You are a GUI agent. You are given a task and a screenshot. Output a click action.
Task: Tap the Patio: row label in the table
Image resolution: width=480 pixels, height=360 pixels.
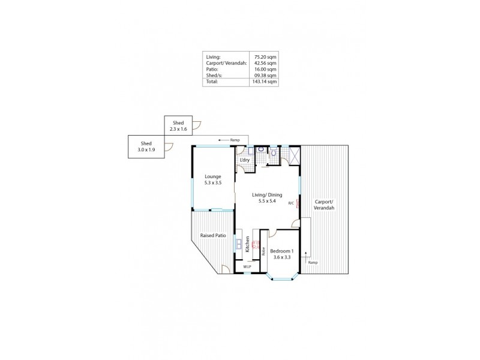(211, 70)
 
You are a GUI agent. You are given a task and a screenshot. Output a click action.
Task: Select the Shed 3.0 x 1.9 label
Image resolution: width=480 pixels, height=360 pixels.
(146, 146)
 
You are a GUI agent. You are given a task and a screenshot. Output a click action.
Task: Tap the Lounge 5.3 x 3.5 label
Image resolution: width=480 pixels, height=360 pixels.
(213, 179)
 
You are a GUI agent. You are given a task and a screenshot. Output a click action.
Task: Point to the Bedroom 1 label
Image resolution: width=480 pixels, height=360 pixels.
(281, 253)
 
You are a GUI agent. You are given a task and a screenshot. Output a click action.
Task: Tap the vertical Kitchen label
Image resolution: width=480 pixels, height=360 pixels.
(247, 244)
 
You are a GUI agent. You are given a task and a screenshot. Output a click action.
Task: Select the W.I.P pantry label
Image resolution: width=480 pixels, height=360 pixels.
(247, 266)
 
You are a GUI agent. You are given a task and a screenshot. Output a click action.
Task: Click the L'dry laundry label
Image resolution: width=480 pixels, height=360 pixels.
(245, 160)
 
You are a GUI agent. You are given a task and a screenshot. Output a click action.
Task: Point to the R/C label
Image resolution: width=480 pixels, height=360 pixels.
(291, 203)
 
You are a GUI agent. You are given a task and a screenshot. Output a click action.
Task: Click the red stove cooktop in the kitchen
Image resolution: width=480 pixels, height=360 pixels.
(255, 244)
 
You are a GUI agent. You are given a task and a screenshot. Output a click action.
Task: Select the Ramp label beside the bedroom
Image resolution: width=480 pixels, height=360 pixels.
(313, 263)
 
